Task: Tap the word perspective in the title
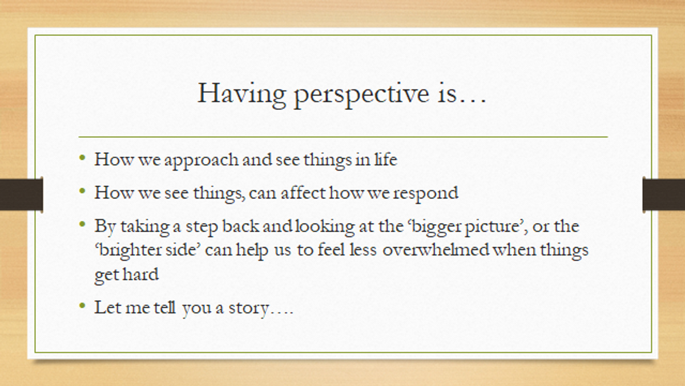coord(361,95)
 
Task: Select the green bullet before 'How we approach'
coord(82,158)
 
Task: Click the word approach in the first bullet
coord(201,161)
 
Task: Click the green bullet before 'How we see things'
coord(82,191)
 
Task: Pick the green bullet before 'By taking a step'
coord(82,224)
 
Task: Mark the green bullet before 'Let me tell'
coord(82,306)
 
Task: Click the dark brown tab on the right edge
coord(663,194)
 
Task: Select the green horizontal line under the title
coord(343,137)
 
